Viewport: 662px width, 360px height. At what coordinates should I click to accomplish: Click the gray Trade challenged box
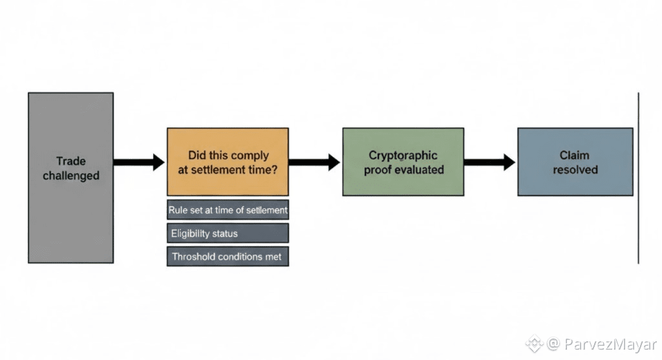point(70,213)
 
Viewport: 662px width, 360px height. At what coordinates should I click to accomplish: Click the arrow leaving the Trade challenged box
point(139,162)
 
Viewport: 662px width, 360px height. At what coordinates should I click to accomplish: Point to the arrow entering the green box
point(314,162)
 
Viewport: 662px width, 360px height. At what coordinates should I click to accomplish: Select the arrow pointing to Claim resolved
point(489,162)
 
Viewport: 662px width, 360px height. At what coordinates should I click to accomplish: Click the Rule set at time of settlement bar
point(228,210)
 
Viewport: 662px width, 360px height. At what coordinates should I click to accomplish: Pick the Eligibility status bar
point(228,233)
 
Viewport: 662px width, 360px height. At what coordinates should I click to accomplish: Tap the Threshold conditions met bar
point(228,257)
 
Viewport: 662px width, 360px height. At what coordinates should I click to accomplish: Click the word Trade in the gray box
point(70,162)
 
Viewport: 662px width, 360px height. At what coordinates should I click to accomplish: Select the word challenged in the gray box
point(71,176)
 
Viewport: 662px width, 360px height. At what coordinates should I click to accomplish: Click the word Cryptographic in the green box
point(403,156)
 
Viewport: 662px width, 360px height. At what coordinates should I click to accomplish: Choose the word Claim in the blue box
point(575,156)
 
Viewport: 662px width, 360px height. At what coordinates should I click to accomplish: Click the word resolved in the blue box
point(575,169)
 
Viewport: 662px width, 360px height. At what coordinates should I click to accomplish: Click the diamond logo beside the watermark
point(534,343)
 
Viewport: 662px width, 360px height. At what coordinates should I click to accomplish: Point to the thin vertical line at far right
point(638,178)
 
